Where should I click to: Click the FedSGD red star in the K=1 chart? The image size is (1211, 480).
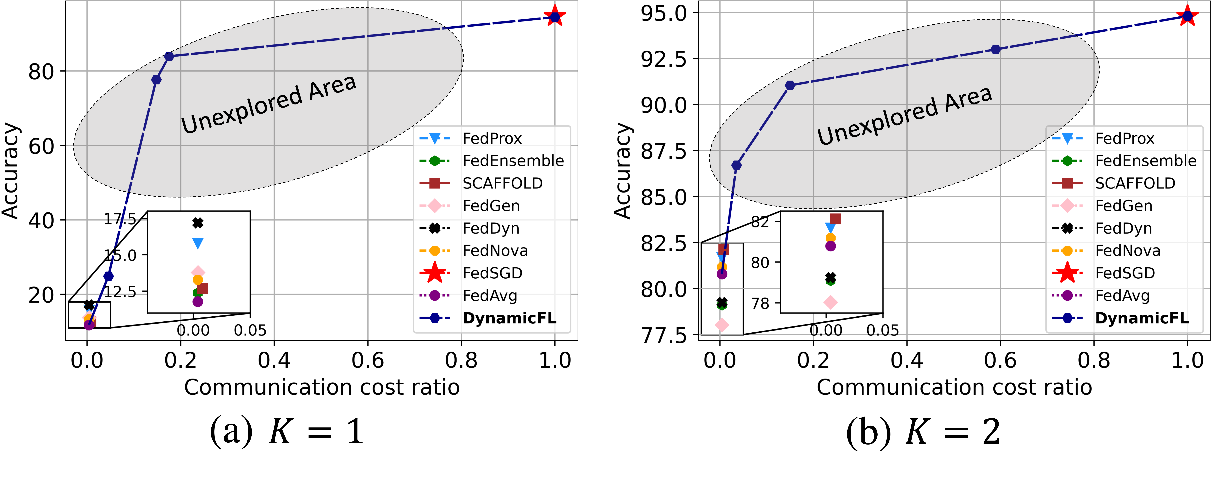[555, 17]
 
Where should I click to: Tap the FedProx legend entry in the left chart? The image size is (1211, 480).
[492, 139]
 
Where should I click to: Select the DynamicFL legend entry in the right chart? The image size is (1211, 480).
[1142, 318]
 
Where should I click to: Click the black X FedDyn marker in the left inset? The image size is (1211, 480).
[198, 223]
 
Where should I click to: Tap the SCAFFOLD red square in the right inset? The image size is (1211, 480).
[835, 219]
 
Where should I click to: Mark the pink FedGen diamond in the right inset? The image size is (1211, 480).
[831, 302]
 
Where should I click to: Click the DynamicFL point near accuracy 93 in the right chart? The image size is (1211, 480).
[995, 49]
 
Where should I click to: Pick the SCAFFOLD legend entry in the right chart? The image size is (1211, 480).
[1135, 183]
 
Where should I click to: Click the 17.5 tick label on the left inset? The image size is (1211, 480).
[120, 219]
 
